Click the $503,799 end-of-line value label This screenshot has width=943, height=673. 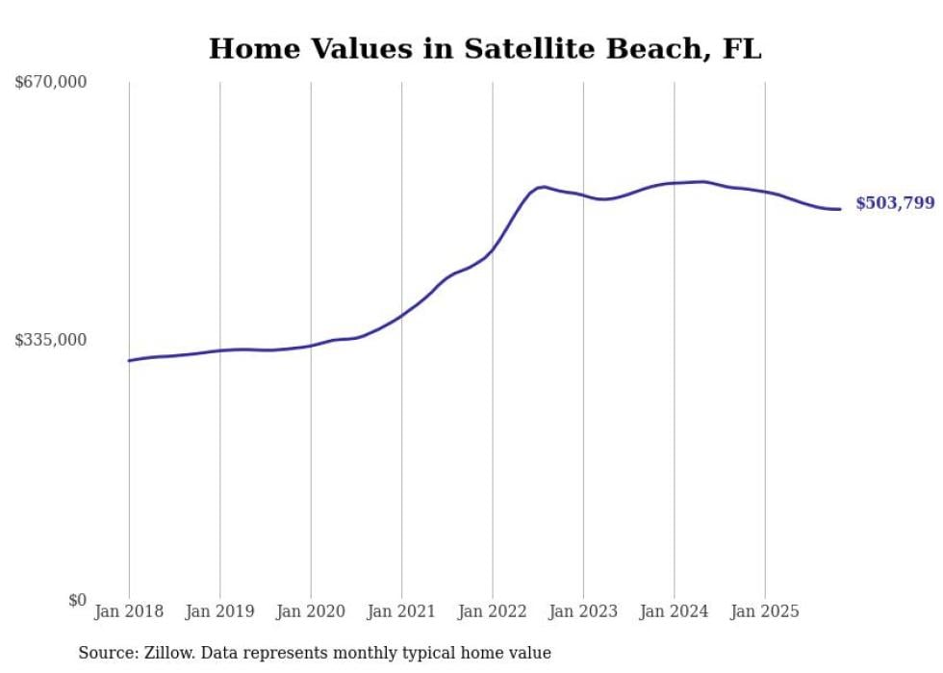[x=894, y=203]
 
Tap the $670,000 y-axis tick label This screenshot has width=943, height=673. [x=51, y=82]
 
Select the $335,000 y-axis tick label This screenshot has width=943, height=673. [x=51, y=340]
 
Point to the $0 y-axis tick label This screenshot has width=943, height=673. [x=77, y=600]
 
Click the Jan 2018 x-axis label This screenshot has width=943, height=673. [x=129, y=611]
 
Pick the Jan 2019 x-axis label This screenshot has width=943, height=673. [x=219, y=611]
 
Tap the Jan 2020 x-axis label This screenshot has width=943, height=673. [x=311, y=611]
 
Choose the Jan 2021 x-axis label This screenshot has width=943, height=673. [x=401, y=611]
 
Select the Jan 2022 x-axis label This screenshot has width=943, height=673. [x=492, y=611]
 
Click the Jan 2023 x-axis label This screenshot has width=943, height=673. [x=583, y=611]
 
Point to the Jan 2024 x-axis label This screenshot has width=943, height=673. [x=674, y=611]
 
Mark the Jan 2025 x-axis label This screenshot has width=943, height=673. [x=765, y=611]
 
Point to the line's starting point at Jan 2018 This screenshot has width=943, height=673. [x=129, y=360]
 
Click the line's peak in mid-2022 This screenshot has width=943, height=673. [x=544, y=187]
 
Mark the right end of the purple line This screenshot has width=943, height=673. [x=840, y=209]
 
